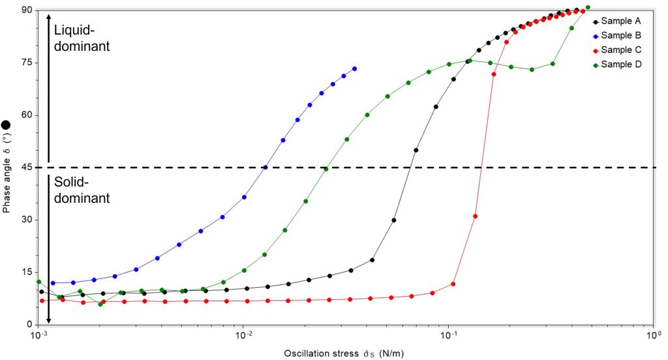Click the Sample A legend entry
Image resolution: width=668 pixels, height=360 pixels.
616,21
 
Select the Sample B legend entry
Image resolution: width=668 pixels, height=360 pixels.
616,35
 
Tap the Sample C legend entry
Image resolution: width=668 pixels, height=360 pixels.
616,50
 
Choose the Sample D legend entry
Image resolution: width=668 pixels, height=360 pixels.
616,65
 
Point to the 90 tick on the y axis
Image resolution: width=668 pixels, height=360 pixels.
27,10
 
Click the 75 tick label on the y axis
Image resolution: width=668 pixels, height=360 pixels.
27,63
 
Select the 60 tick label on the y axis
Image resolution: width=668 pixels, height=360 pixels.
27,115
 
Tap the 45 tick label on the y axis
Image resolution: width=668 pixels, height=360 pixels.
27,168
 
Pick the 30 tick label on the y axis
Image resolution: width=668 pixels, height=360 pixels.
27,220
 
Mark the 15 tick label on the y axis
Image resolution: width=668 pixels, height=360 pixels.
27,272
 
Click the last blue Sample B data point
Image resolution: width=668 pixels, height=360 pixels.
354,68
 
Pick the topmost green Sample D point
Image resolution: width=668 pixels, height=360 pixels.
588,8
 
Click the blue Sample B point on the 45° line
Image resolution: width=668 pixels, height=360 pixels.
265,167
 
